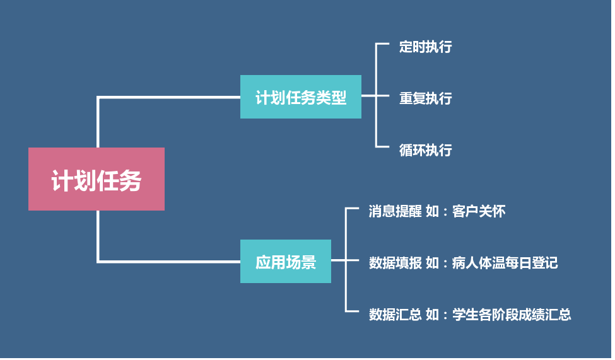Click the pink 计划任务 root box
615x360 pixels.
[96, 179]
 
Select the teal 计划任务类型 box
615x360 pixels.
[300, 97]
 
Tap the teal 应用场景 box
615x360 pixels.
[285, 262]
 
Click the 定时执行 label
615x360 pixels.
[425, 47]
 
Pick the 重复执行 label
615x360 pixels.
[425, 98]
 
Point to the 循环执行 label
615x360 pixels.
[425, 150]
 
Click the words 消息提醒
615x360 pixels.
[395, 211]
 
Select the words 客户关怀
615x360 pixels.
[479, 211]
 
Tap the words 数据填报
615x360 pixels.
[395, 262]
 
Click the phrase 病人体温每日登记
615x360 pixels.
[505, 262]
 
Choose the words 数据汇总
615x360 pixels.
[395, 314]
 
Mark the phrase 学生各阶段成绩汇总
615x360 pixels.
[512, 314]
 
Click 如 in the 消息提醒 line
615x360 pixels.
[432, 211]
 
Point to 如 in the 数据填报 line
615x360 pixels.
[432, 262]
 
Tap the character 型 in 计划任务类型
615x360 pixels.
[339, 98]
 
